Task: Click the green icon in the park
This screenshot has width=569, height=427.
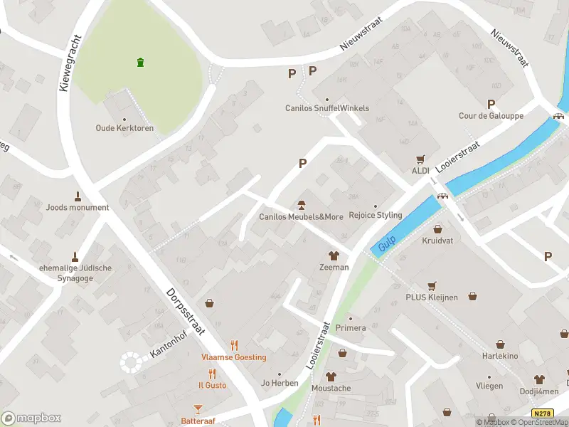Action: [x=141, y=62]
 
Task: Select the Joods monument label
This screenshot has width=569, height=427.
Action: [x=78, y=208]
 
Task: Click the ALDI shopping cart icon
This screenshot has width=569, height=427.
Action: [x=420, y=160]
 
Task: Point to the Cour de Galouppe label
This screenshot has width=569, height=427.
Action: [x=491, y=116]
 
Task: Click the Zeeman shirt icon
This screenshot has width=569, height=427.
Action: [x=332, y=255]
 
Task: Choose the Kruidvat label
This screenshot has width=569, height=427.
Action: [x=437, y=241]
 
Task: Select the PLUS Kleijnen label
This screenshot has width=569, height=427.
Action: [x=432, y=297]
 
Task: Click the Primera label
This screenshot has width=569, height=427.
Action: [x=351, y=328]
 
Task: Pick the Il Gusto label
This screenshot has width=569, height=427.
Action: [x=213, y=385]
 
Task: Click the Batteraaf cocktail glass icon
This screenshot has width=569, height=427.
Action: [x=198, y=409]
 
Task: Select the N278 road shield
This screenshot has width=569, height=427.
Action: [x=541, y=413]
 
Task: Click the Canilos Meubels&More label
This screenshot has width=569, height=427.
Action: [x=301, y=216]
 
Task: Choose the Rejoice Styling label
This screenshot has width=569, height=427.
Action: [x=375, y=215]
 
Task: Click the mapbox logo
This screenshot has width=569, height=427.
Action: [x=31, y=418]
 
